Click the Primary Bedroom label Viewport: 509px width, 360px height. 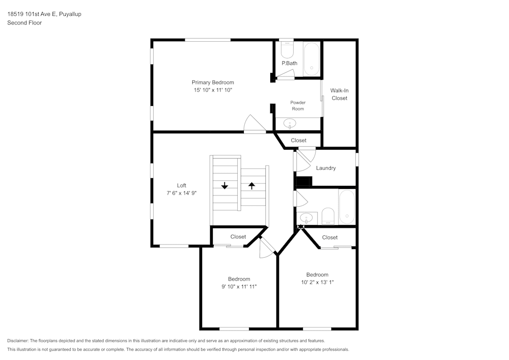[x=213, y=82]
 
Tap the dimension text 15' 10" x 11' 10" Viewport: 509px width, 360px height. [x=213, y=90]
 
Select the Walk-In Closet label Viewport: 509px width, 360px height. [x=340, y=94]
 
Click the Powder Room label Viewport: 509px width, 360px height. [x=298, y=105]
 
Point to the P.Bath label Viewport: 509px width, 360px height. [x=290, y=63]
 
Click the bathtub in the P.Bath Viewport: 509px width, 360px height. [x=311, y=59]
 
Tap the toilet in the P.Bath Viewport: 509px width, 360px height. [x=287, y=51]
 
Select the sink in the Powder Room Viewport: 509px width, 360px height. [x=290, y=123]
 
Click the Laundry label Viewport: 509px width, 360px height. [x=326, y=168]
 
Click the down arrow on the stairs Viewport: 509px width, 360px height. [x=224, y=185]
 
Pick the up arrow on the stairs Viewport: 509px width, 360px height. [x=251, y=185]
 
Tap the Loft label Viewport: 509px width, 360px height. [x=182, y=185]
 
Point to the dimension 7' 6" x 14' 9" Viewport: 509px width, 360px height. [x=182, y=193]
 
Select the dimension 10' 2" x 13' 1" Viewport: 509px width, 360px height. [x=317, y=282]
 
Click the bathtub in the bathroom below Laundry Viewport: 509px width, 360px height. [x=347, y=207]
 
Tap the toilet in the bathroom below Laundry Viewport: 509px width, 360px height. [x=328, y=216]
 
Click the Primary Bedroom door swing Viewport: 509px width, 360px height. [x=252, y=125]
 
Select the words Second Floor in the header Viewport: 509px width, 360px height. [x=24, y=23]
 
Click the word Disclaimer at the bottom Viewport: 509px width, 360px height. [x=18, y=341]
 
